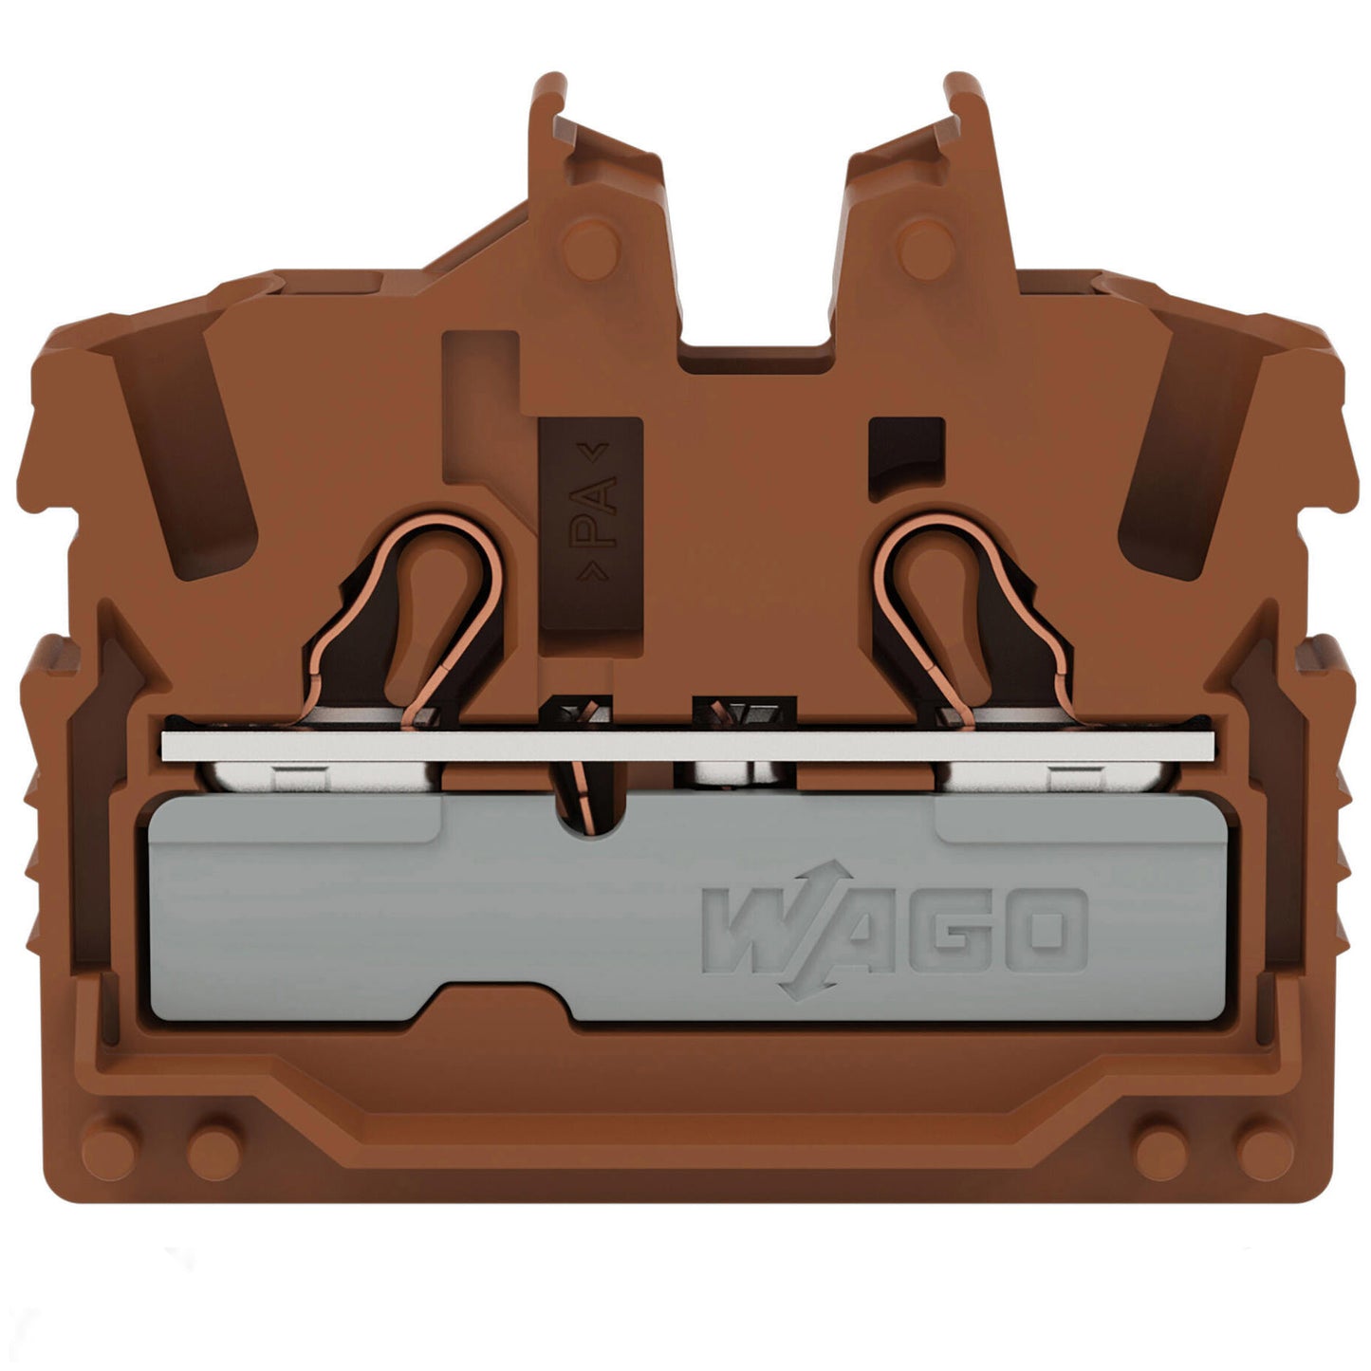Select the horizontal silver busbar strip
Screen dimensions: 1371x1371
click(x=688, y=745)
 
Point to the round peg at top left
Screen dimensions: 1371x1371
click(x=590, y=250)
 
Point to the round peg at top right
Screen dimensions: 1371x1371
click(x=926, y=250)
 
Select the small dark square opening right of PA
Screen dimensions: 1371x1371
click(x=907, y=456)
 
